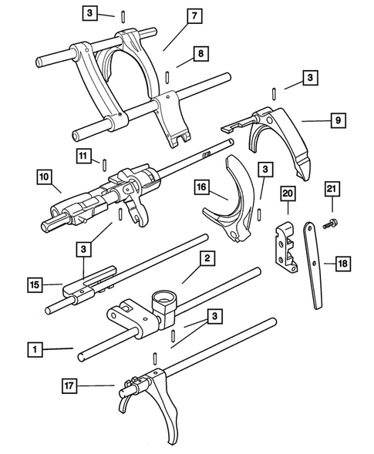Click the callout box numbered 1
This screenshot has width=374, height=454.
tap(34, 349)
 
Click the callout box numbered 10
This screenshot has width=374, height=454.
tap(42, 178)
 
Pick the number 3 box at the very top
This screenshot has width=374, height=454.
tap(91, 14)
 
